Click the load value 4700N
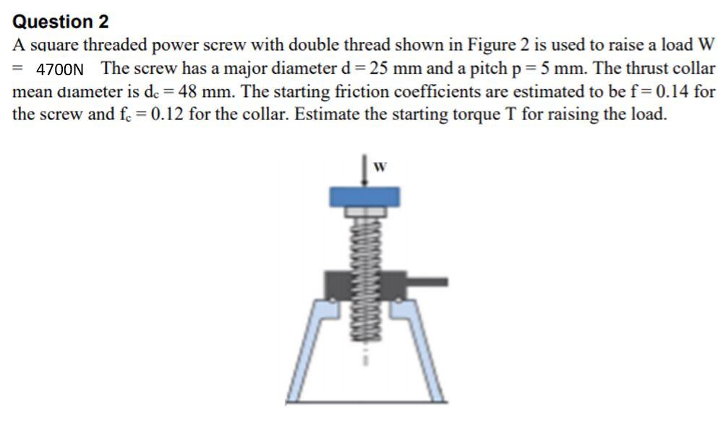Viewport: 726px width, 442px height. coord(60,70)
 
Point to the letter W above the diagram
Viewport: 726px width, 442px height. coord(379,168)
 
